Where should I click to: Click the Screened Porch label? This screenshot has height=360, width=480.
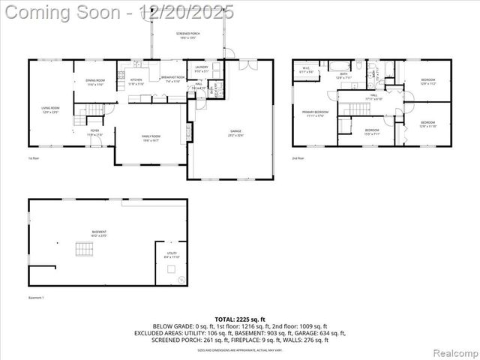(187, 36)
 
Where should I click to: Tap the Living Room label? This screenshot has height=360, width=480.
(50, 110)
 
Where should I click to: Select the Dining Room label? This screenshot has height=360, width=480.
(94, 82)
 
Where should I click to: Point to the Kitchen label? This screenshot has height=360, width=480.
(136, 82)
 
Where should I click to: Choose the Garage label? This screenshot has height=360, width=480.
(235, 133)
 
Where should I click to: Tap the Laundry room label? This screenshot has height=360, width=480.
(201, 69)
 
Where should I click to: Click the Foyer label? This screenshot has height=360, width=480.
(95, 132)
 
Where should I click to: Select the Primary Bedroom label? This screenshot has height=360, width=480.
(314, 114)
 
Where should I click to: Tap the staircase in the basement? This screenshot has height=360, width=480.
(79, 250)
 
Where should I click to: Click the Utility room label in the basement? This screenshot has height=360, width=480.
(172, 255)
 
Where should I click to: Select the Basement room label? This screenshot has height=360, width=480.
(100, 233)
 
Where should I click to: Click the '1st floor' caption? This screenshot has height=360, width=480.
(33, 158)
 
